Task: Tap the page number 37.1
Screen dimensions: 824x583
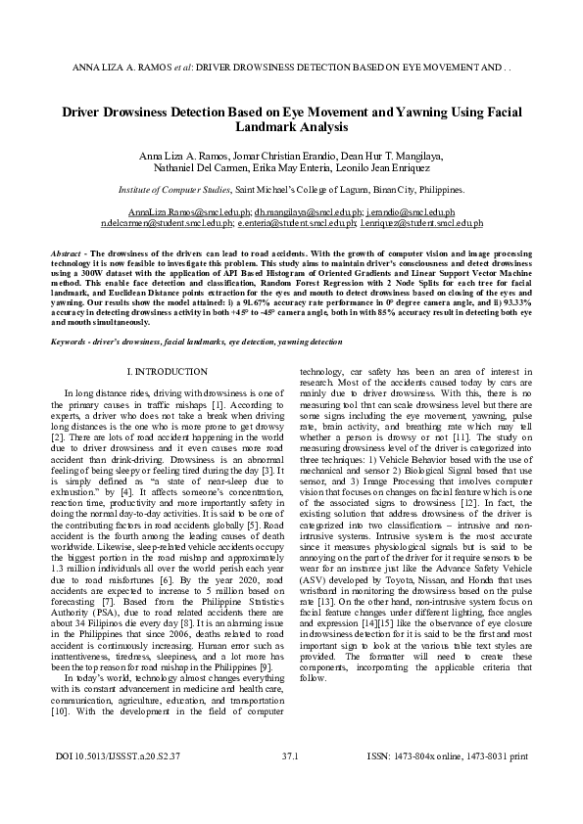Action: [290, 784]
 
